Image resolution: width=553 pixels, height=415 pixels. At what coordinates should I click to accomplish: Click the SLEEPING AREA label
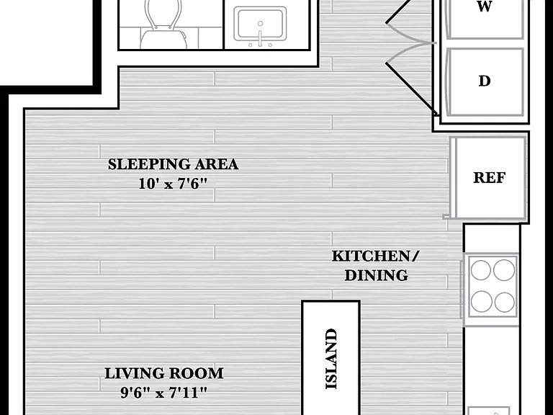pos(173,164)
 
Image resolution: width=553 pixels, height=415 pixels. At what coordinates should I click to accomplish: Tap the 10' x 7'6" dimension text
pos(173,184)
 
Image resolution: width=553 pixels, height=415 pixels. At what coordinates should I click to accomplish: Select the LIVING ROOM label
pos(164,373)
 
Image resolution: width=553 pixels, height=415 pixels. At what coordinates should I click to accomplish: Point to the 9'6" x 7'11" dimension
pos(164,393)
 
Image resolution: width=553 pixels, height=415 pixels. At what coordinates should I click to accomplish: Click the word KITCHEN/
pos(376,256)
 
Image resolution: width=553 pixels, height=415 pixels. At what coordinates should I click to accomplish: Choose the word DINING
pos(377,275)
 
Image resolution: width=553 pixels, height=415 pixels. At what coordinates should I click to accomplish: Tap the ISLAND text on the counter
pos(331,359)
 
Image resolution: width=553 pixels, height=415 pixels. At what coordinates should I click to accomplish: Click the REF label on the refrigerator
pos(489,177)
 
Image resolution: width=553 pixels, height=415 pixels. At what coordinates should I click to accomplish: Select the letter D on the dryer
pos(485,81)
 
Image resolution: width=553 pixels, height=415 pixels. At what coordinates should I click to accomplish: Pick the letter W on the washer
pos(485,6)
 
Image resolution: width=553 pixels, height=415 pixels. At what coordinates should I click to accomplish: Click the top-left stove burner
pos(481,270)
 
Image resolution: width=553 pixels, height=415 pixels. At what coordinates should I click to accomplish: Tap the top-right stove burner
pos(504,270)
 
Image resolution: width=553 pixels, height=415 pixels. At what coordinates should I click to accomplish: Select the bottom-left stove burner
pos(482,302)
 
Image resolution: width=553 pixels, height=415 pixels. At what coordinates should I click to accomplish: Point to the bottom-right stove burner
pos(504,303)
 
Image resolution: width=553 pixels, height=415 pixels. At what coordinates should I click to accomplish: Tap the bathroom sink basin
pos(260,24)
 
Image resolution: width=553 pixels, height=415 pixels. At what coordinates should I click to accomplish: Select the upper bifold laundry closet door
pos(411,22)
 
